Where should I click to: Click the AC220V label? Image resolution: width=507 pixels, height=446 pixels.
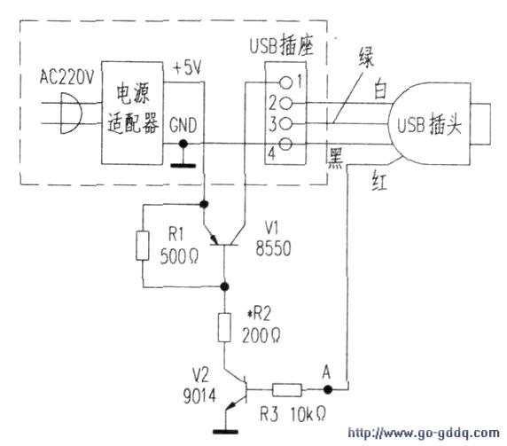click(x=66, y=77)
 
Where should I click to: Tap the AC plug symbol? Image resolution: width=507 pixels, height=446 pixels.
click(x=71, y=113)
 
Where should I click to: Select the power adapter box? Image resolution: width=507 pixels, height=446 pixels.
click(x=132, y=113)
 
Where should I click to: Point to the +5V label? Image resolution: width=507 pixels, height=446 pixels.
click(x=187, y=68)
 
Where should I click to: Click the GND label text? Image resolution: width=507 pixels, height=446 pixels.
click(x=183, y=125)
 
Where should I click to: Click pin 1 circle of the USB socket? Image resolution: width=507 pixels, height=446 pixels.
click(x=285, y=82)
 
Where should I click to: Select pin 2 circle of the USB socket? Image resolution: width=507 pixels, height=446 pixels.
click(x=285, y=104)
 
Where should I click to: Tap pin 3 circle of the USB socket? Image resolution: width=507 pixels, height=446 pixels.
click(x=285, y=123)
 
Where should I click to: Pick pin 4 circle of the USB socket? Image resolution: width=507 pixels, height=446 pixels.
click(x=285, y=144)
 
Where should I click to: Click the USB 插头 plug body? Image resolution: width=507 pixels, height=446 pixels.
click(x=429, y=124)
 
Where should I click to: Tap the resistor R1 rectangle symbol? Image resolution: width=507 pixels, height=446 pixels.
click(x=143, y=246)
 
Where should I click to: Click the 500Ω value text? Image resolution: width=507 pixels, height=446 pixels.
click(x=179, y=256)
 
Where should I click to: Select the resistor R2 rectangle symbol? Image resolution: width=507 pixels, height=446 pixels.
click(x=224, y=327)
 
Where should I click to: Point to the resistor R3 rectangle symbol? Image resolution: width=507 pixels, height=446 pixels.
click(x=287, y=390)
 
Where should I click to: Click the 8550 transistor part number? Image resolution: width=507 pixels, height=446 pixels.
click(x=273, y=248)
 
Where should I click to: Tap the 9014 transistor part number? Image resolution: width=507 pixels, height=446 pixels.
click(x=199, y=395)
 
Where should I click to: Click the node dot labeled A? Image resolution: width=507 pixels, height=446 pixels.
click(x=328, y=390)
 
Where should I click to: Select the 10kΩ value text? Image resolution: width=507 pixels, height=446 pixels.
click(x=308, y=414)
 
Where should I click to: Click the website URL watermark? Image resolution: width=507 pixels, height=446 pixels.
click(x=424, y=433)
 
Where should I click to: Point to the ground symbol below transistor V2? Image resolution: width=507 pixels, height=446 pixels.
click(x=225, y=431)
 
